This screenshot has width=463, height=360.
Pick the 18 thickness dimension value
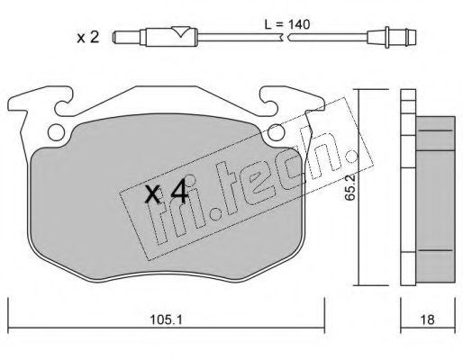point(428,316)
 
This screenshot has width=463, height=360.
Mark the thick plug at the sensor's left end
point(129,39)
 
